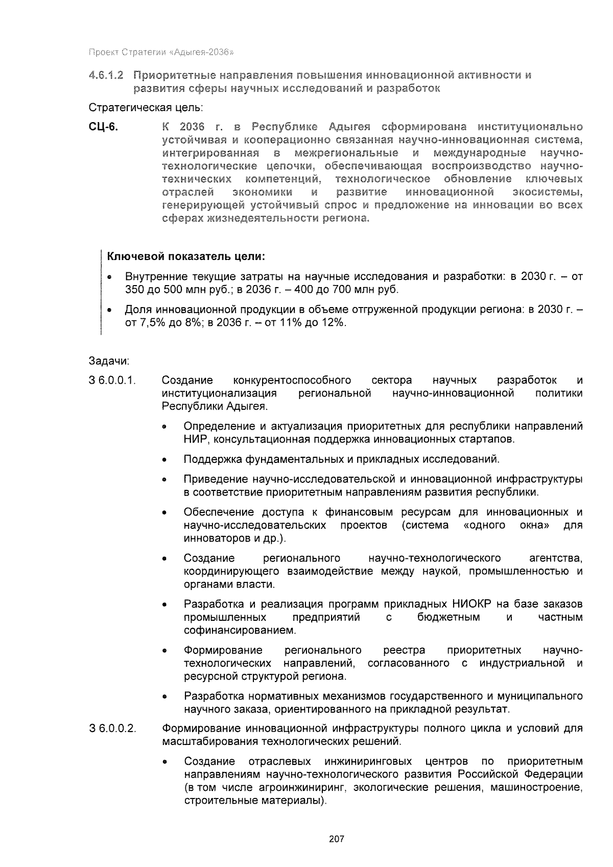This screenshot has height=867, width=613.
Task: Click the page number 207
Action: pos(337,839)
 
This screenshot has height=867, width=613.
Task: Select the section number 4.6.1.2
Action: pos(106,76)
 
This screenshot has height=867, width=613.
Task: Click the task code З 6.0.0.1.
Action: pos(112,381)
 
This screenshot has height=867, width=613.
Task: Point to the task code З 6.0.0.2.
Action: pos(112,729)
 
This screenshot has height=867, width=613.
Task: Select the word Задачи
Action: pos(108,361)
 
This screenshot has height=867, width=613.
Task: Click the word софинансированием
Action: pos(240,630)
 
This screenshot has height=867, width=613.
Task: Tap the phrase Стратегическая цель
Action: pos(146,108)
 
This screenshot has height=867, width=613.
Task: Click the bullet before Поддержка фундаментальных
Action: pos(164,460)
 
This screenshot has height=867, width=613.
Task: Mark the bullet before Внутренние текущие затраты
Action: pos(110,277)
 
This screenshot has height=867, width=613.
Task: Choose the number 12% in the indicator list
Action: pos(333,323)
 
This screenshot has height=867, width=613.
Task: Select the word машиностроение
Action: pos(536,787)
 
